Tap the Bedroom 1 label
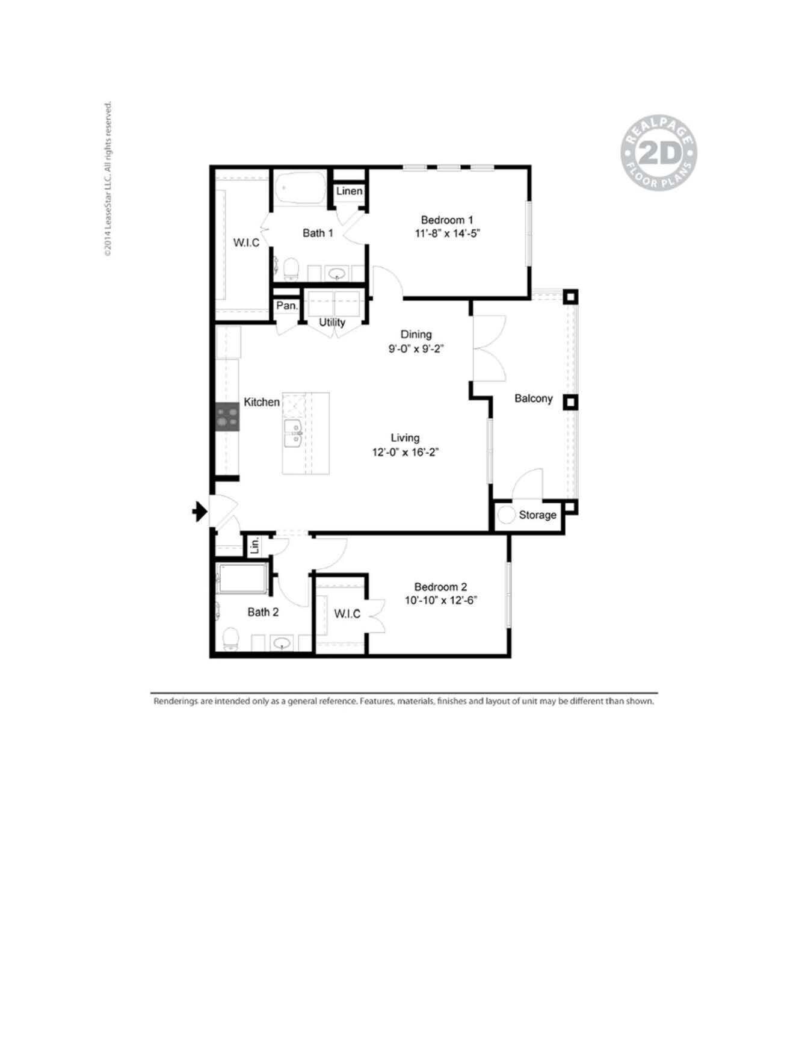[446, 220]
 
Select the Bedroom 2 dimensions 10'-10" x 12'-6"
[441, 600]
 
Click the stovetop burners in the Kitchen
[227, 416]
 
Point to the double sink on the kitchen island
[293, 433]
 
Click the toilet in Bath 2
[230, 638]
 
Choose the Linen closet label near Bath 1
[349, 191]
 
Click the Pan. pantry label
[286, 306]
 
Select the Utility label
[332, 322]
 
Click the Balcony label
[533, 398]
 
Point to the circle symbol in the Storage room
[507, 515]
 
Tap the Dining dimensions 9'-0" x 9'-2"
[416, 348]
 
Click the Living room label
[405, 438]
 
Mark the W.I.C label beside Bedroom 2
[347, 613]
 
